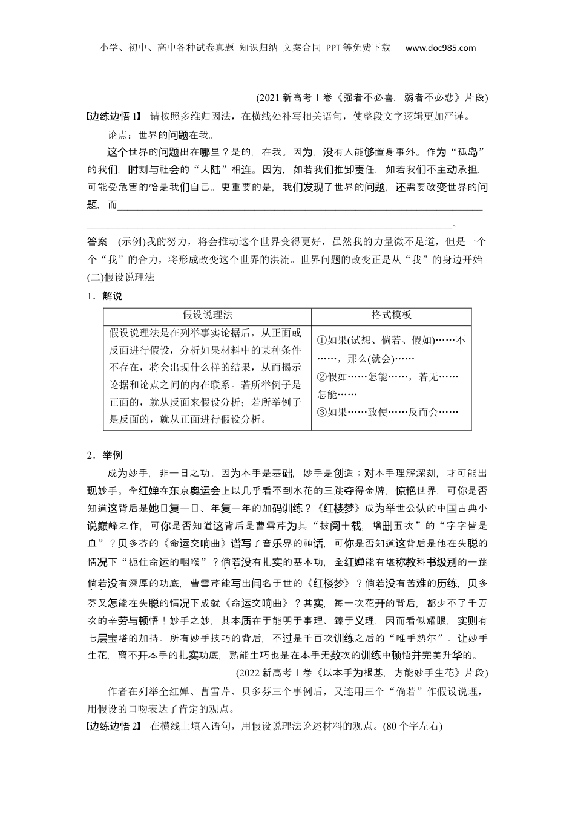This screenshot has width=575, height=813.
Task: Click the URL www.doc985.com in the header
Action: point(440,48)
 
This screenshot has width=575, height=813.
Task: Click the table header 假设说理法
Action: point(208,315)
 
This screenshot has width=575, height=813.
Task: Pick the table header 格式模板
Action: point(391,315)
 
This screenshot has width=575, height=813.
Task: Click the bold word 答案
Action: point(97,241)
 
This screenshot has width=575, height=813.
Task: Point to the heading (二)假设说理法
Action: point(121,277)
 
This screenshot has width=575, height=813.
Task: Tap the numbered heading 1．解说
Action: point(105,296)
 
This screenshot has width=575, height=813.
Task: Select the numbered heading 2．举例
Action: point(105,455)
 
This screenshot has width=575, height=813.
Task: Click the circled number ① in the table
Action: point(322,341)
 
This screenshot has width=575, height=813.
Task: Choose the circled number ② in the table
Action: point(322,377)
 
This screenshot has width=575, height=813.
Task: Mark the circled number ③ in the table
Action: point(322,413)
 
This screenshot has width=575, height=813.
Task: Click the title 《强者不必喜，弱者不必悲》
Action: point(399,97)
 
